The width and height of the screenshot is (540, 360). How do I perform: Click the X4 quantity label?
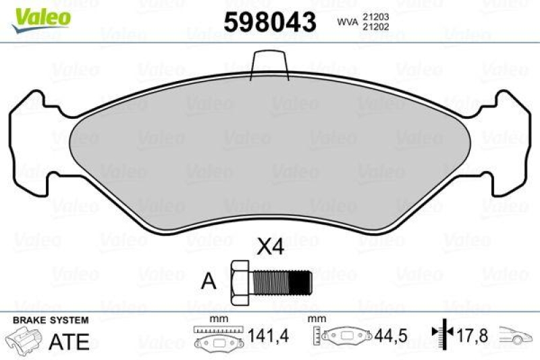271,248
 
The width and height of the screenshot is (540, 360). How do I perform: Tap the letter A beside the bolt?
210,282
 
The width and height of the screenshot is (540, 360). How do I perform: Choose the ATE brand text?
70,341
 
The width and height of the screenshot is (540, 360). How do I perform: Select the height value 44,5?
387,336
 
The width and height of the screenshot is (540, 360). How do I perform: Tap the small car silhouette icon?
517,336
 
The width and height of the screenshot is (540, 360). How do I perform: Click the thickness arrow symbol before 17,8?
441,333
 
